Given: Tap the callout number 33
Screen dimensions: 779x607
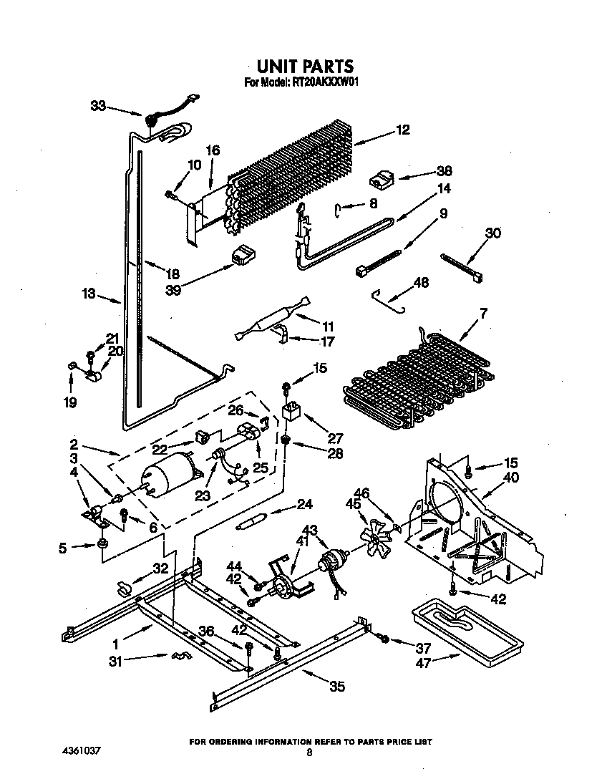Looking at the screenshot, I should tap(98, 106).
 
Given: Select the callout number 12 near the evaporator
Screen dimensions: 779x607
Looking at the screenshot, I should tap(402, 130).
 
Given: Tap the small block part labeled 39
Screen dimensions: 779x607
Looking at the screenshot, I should tap(241, 253).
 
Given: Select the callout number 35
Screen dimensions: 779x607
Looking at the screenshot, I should tap(336, 687).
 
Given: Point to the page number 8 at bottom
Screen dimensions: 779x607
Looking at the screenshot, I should tap(309, 753).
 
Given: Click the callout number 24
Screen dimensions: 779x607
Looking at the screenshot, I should tap(305, 505).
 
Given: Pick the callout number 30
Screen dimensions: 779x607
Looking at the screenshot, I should tap(493, 233).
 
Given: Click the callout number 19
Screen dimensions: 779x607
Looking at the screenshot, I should tap(69, 402).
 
